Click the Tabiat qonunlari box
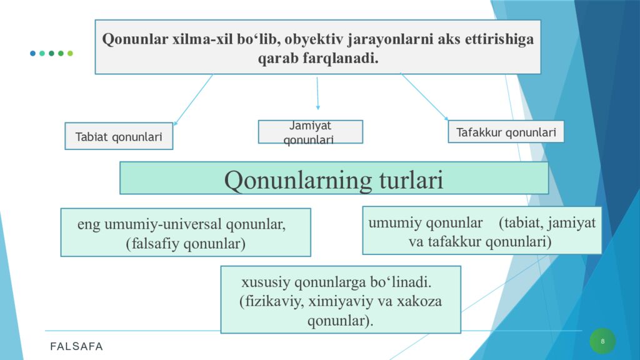119,136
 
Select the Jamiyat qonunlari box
310,132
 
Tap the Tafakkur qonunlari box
506,132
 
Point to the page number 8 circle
602,341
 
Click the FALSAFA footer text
77,346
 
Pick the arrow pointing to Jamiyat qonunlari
317,94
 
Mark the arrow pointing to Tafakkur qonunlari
425,97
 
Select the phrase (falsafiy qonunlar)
185,244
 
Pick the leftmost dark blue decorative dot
32,53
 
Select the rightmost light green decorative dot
70,53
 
